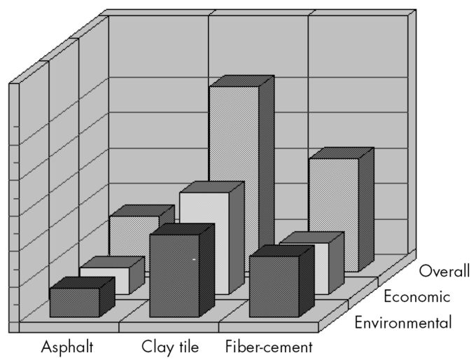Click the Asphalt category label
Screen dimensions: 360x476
coord(66,346)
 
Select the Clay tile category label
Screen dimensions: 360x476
coord(170,346)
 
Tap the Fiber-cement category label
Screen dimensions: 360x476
coord(269,346)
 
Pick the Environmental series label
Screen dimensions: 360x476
coord(402,323)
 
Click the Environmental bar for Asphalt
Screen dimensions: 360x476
coord(74,303)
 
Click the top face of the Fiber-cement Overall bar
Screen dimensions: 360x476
coord(341,153)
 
